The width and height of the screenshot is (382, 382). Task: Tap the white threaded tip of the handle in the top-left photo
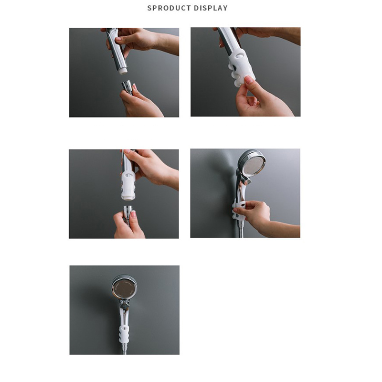coord(123,71)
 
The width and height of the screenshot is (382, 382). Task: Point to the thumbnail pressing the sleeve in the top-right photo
coord(249,80)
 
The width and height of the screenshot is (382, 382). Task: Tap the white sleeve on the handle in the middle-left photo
coord(128,186)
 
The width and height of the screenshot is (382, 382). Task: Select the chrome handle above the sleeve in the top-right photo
coord(229,40)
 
